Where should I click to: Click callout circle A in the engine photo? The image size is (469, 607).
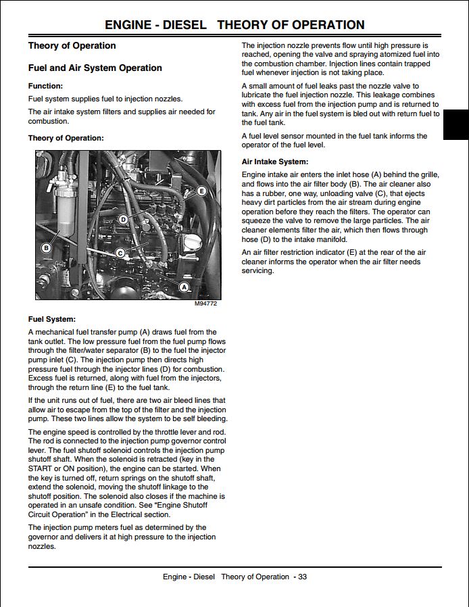[x=182, y=287]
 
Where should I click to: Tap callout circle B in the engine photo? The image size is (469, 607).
[x=46, y=247]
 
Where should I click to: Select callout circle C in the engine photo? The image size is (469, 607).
[x=120, y=253]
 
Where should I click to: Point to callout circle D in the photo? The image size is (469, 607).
[x=123, y=219]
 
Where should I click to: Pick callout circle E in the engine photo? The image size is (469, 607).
[x=201, y=191]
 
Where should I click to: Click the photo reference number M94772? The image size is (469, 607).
[x=205, y=304]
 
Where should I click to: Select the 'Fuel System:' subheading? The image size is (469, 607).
[x=51, y=319]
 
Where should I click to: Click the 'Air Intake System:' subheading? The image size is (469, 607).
[x=274, y=162]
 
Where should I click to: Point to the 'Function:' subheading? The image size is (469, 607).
[x=45, y=86]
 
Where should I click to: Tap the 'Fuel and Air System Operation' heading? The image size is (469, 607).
[x=95, y=68]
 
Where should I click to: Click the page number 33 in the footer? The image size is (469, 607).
[x=302, y=577]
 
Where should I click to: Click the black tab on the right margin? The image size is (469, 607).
[x=457, y=125]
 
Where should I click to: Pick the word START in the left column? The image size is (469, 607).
[x=40, y=468]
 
